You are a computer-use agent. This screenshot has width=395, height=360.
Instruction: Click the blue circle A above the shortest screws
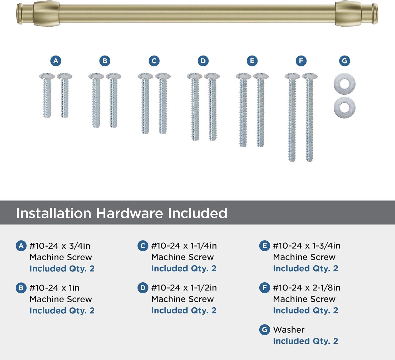pos(56,61)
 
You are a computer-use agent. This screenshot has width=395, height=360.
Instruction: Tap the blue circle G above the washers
pos(344,61)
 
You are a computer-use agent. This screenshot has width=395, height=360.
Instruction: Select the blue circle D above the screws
pos(203,61)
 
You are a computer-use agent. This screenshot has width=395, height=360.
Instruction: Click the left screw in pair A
pos(47,95)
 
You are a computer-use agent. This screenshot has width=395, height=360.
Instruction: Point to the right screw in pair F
pos(310,117)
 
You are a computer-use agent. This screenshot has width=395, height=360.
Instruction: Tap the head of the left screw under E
pos(243,76)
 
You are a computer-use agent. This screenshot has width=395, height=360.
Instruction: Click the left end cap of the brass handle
pos(20,14)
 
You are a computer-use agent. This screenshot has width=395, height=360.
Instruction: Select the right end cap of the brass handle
pos(375,14)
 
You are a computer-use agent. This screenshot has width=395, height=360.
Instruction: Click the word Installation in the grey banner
pos(53,213)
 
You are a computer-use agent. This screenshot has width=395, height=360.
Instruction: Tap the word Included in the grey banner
pos(197,213)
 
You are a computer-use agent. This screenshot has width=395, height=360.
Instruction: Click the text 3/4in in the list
pos(80,246)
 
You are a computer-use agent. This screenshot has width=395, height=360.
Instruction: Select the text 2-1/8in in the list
pos(326,288)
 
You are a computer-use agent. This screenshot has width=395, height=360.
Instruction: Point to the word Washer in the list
pos(289,330)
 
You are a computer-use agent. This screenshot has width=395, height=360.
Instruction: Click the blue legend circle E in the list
pos(264,246)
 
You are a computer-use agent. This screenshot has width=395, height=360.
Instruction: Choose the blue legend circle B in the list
pos(21,288)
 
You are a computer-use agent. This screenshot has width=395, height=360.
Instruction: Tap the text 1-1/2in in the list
pos(204,288)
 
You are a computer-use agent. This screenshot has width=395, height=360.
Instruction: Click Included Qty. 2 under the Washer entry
pos(305,341)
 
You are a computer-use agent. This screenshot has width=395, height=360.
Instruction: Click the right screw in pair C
pos(163,103)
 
